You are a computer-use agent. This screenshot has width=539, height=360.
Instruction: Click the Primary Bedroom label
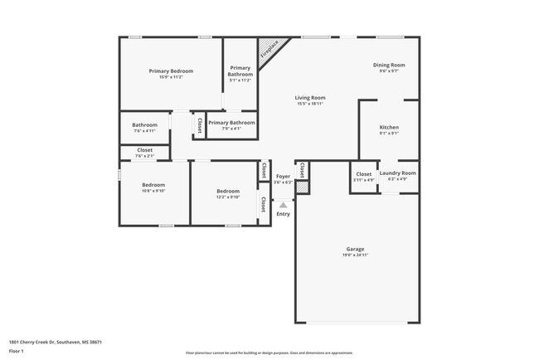coord(171,71)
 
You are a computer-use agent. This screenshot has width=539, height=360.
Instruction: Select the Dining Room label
coord(388,65)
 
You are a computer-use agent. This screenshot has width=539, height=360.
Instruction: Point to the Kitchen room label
coord(389,128)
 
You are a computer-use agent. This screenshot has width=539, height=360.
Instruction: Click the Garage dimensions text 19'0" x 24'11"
coord(355,255)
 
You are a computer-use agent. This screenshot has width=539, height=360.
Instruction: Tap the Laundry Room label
coord(398,173)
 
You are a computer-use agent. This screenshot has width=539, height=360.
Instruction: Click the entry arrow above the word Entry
coord(283,204)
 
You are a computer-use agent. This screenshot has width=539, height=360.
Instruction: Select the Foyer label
coord(283,177)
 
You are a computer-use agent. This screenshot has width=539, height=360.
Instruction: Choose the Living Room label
coord(310,98)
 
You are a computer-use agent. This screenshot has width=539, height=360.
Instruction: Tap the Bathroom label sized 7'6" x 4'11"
coord(144,125)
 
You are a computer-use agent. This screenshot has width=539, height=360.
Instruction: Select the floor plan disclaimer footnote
coord(269,353)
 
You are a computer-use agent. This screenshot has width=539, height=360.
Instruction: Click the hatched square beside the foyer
coord(303,188)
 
